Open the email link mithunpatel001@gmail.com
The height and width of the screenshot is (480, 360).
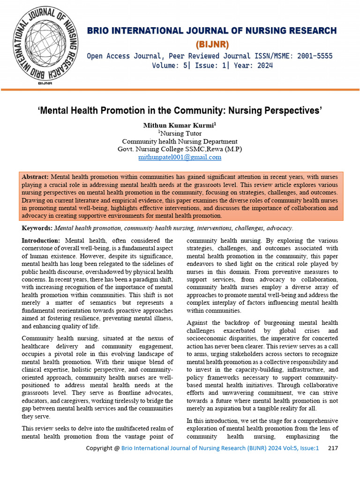click(x=180, y=157)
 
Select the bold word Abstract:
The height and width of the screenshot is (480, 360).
click(x=36, y=177)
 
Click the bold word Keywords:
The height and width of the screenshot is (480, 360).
click(x=37, y=228)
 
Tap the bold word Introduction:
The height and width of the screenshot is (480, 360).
click(x=41, y=240)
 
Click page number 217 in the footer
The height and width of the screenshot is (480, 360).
click(x=333, y=449)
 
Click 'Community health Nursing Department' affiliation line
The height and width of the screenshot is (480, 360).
click(x=180, y=142)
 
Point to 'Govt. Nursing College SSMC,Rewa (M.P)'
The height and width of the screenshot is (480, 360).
click(x=180, y=150)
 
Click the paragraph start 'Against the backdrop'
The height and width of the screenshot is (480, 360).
click(x=215, y=322)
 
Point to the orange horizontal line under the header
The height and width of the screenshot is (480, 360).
click(x=180, y=89)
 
